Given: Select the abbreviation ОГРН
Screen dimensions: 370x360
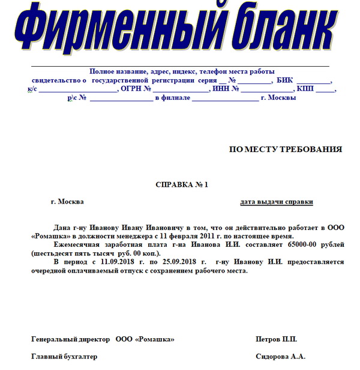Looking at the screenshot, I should pyautogui.click(x=131, y=89).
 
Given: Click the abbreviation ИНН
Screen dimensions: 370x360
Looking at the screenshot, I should pyautogui.click(x=220, y=89).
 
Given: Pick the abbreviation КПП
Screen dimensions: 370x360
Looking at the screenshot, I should pyautogui.click(x=305, y=89).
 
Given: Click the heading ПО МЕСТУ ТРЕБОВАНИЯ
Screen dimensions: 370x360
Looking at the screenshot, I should pyautogui.click(x=286, y=150).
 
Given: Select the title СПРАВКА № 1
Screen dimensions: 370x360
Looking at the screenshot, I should pyautogui.click(x=181, y=184).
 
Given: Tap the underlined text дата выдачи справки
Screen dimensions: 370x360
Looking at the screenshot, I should pyautogui.click(x=277, y=202).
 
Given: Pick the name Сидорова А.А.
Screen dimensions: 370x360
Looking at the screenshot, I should pyautogui.click(x=280, y=357).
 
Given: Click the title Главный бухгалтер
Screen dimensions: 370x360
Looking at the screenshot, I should pyautogui.click(x=64, y=357).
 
